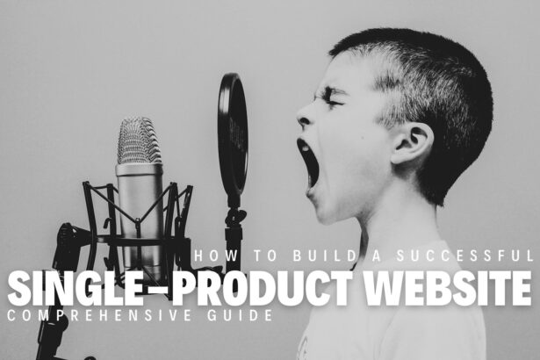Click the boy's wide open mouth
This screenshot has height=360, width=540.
[310, 163]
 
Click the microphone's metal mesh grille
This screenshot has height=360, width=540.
[140, 140]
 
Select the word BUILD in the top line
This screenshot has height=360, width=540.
[302, 256]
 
